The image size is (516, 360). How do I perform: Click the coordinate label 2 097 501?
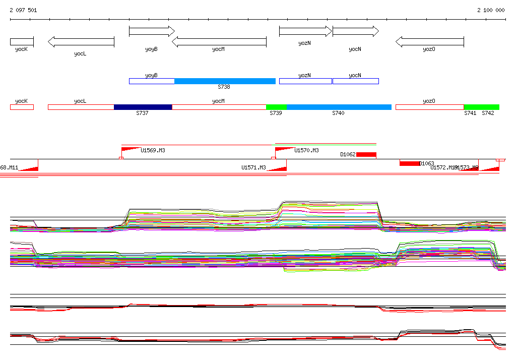[x=23, y=10]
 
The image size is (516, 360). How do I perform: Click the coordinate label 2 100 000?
[x=491, y=10]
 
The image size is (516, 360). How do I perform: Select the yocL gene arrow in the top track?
[x=81, y=42]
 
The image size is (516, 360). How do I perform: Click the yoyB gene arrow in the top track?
[x=151, y=31]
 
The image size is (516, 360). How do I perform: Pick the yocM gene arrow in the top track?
[x=219, y=42]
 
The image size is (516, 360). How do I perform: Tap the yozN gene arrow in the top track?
[x=305, y=31]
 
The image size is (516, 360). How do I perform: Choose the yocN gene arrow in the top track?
[x=355, y=31]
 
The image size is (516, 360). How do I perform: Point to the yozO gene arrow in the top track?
[x=429, y=42]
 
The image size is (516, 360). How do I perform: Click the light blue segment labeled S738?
[x=225, y=81]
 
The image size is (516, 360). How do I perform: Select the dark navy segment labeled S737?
[x=143, y=107]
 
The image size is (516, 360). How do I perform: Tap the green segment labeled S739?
[x=276, y=107]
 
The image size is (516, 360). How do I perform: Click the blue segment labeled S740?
[x=339, y=107]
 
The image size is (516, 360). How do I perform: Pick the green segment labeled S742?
[x=482, y=107]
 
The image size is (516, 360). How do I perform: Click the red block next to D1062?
[x=366, y=154]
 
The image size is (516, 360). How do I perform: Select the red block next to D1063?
[x=409, y=163]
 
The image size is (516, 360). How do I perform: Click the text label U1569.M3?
[x=153, y=150]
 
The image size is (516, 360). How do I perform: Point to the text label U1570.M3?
[x=306, y=150]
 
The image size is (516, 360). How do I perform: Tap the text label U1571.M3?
[x=253, y=167]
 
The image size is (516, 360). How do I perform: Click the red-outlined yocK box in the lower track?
[x=22, y=107]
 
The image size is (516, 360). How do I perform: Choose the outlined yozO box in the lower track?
[x=429, y=107]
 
